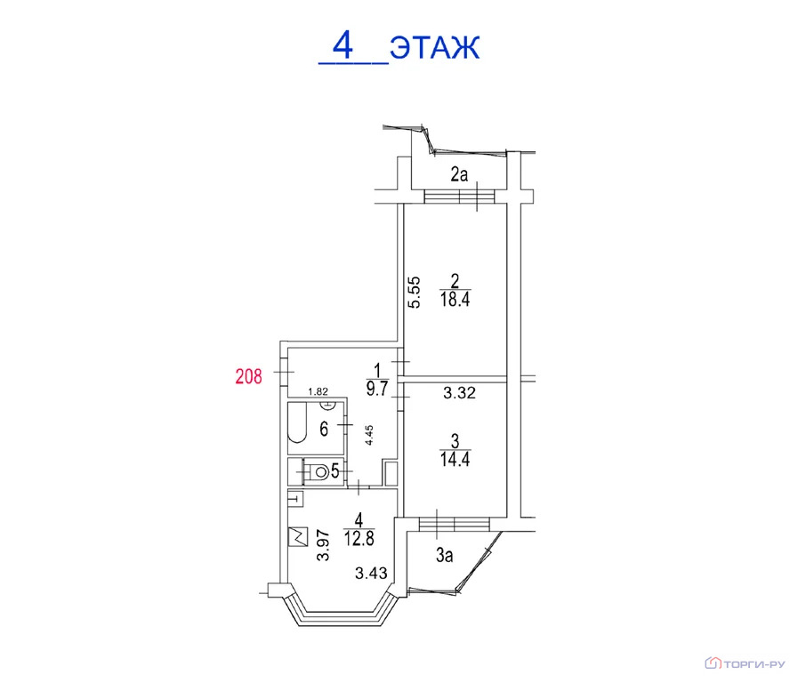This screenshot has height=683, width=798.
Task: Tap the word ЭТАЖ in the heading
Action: [x=435, y=48]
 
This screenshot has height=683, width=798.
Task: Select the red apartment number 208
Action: [x=248, y=376]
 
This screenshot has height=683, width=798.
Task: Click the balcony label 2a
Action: [x=459, y=174]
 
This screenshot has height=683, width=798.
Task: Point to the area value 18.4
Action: [x=455, y=299]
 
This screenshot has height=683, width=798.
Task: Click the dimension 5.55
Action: [x=415, y=292]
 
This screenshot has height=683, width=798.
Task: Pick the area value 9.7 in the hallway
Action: [x=377, y=389]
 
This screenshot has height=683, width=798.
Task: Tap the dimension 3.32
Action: [x=459, y=392]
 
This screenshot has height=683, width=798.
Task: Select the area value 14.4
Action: [x=455, y=459]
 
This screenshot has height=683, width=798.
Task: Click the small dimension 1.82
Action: [x=318, y=391]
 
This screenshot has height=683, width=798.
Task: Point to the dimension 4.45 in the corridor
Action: [x=369, y=436]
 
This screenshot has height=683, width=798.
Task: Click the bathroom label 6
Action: [x=324, y=430]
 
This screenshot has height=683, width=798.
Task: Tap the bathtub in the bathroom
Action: [x=297, y=422]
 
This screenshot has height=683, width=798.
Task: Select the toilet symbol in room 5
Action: [x=318, y=472]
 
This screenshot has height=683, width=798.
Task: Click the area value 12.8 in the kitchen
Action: [x=359, y=537]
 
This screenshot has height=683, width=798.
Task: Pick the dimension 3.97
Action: [x=323, y=546]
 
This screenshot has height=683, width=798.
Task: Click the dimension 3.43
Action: [x=371, y=574]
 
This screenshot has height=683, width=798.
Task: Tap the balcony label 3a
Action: [x=444, y=555]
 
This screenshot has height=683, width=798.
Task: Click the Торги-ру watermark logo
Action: [x=746, y=663]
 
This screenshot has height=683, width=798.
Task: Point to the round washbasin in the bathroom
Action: [x=327, y=406]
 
